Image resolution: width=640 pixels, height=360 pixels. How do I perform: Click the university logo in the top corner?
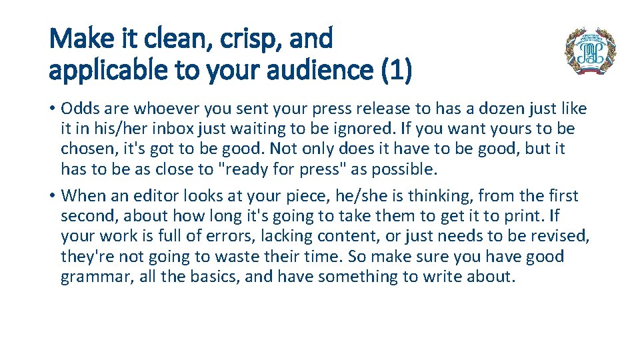590,51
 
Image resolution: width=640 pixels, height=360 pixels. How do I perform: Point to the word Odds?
80,108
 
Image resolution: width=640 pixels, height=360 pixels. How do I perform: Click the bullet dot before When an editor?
52,196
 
